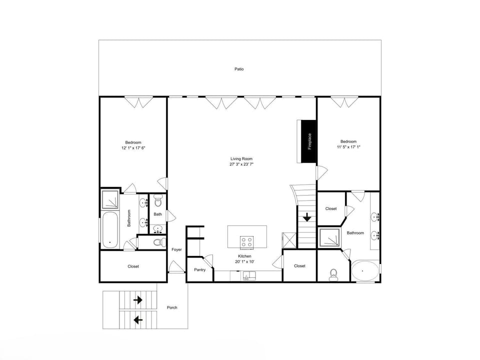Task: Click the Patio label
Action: (239, 69)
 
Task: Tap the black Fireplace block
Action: (309, 141)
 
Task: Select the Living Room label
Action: (241, 158)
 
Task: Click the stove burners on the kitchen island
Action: (247, 242)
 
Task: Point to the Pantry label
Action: (200, 269)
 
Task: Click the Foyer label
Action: (176, 249)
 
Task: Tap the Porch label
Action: (172, 307)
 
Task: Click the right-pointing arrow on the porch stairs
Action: (138, 299)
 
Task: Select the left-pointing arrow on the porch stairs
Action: (138, 320)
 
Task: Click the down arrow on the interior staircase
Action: (307, 217)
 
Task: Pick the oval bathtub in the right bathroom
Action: (364, 271)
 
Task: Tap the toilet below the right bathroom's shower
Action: (333, 274)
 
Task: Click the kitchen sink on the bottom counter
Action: (249, 275)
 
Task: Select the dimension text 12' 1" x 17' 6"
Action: (133, 148)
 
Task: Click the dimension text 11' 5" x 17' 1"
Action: (348, 147)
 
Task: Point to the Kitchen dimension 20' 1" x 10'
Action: (244, 261)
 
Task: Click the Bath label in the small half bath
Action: (157, 214)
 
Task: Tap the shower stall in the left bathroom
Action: (110, 199)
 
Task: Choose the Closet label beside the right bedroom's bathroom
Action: (331, 208)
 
